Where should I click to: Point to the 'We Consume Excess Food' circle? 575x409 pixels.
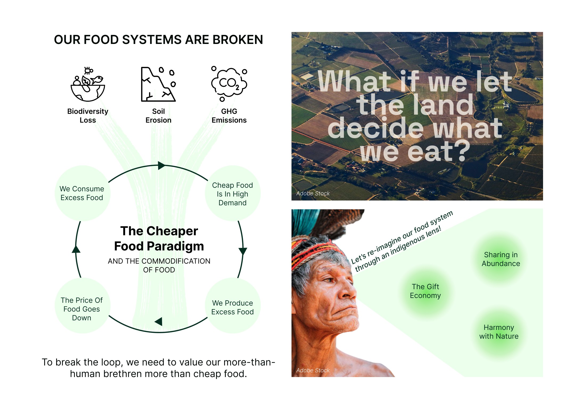pos(82,193)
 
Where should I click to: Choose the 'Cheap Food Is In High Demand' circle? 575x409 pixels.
pos(232,194)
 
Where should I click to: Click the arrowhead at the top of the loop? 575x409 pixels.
pos(161,165)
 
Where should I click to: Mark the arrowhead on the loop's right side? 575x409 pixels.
pos(243,251)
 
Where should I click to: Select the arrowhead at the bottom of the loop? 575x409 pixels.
pos(159,321)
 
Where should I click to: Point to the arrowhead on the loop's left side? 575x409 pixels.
pos(76,250)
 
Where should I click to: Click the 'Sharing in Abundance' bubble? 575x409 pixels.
pos(501,259)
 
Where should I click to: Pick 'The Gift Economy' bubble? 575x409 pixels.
pos(425,291)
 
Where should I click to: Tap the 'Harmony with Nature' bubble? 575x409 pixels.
pos(499,332)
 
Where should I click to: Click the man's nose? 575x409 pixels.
pos(347,293)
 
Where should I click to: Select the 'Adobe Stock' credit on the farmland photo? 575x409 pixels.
pos(313,193)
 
